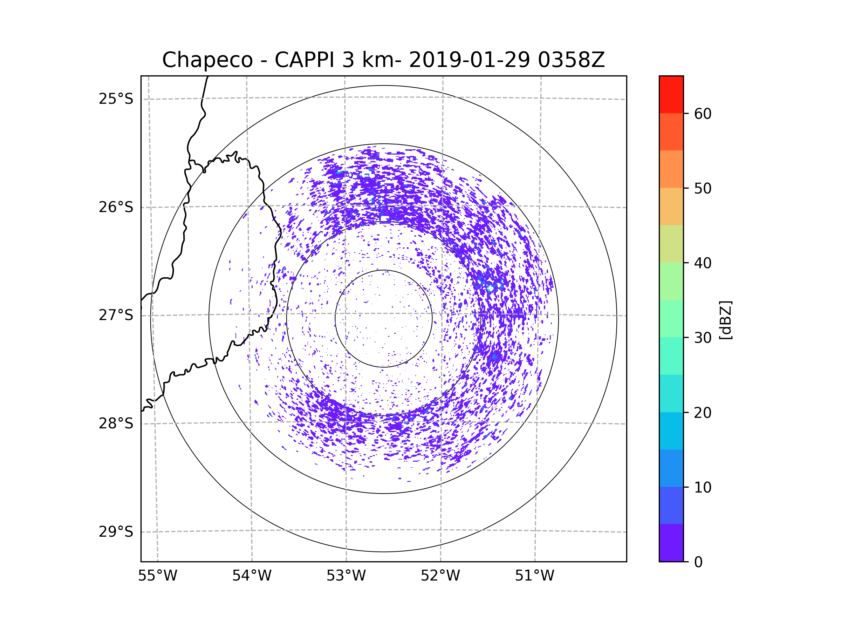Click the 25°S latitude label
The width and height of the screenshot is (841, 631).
click(116, 99)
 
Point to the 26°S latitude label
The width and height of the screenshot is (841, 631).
click(116, 207)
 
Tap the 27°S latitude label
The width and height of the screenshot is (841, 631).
click(116, 315)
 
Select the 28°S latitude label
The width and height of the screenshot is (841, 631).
click(116, 423)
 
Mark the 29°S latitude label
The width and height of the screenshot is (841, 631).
click(116, 532)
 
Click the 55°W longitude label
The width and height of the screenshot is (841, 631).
click(157, 576)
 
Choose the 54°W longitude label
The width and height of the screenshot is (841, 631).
click(252, 576)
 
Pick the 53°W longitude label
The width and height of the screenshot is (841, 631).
click(346, 576)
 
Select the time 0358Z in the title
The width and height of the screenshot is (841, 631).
click(571, 60)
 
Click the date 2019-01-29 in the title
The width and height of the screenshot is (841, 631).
click(469, 60)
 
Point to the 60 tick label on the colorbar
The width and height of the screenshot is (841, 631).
click(703, 114)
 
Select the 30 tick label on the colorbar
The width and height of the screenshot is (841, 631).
click(703, 338)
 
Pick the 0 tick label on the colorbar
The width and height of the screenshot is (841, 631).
click(698, 562)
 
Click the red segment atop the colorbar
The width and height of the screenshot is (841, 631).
click(671, 94)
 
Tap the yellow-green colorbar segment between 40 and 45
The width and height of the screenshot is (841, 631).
click(671, 244)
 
